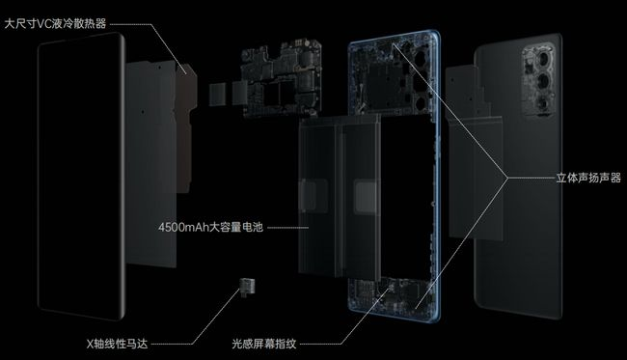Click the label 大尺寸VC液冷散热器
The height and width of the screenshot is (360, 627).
(55, 24)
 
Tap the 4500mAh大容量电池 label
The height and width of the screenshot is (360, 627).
(210, 227)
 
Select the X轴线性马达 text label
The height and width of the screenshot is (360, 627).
(117, 344)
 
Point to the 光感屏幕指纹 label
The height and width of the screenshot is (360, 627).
(264, 344)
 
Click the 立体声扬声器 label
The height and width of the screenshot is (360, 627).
(588, 178)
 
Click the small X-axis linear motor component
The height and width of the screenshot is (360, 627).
(248, 287)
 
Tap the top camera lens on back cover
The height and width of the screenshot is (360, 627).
(544, 60)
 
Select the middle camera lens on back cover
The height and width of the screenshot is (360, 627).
(543, 82)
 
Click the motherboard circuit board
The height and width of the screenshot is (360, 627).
(281, 78)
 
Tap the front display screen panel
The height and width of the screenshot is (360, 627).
(81, 176)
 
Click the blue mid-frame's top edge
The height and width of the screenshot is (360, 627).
(394, 33)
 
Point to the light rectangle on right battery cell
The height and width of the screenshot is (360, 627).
(365, 196)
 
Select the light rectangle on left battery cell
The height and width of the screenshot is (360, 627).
(313, 195)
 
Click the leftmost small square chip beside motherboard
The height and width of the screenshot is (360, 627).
(218, 95)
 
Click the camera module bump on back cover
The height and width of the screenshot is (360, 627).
(538, 81)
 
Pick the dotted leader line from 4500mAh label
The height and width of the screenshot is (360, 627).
(287, 228)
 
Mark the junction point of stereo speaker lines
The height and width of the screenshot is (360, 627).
(507, 178)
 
